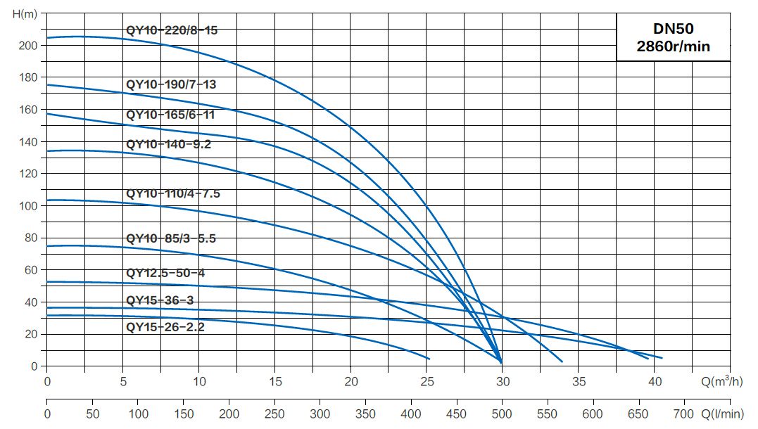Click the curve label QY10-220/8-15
tap(177, 31)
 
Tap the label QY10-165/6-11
tap(170, 115)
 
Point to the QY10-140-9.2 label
tap(168, 144)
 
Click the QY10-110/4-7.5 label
tap(173, 193)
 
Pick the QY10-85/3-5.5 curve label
tap(170, 238)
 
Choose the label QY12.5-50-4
tap(165, 273)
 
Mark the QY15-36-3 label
tap(160, 301)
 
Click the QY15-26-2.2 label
tap(165, 326)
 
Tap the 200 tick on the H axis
tap(27, 45)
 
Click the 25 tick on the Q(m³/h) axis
tap(427, 383)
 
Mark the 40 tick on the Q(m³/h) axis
tap(655, 383)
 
